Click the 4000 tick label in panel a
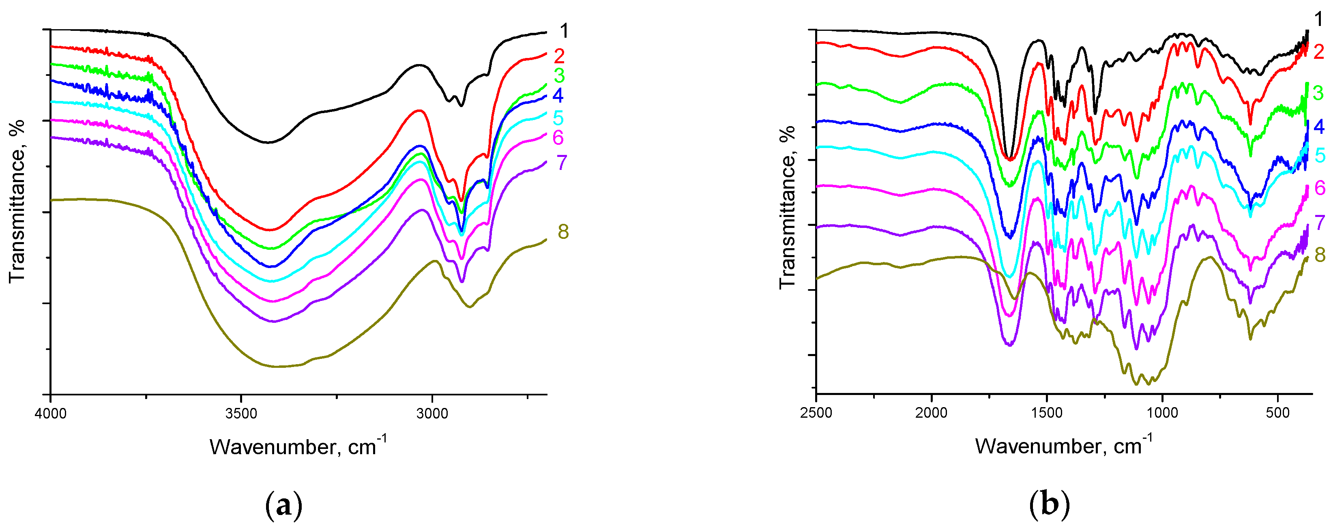[x=50, y=414]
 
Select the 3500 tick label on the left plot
[x=241, y=414]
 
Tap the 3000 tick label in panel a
[x=432, y=414]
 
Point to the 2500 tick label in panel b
[x=816, y=413]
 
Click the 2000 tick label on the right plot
[x=931, y=413]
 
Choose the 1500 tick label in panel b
[x=1047, y=413]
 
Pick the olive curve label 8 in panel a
[x=563, y=232]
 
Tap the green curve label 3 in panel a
[x=559, y=76]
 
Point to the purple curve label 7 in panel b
[x=1320, y=223]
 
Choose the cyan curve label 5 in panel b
[x=1320, y=155]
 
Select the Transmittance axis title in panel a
[x=17, y=202]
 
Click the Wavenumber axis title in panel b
[x=1063, y=445]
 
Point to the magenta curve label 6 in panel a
[x=558, y=138]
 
